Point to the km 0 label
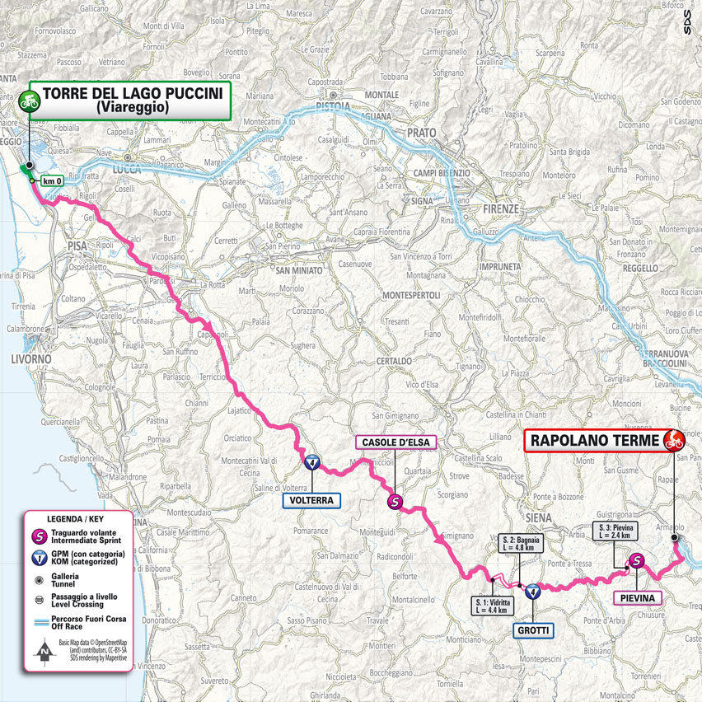tap(53, 181)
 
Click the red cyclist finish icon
tap(673, 441)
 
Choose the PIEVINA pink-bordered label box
tap(637, 597)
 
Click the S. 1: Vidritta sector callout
tap(493, 606)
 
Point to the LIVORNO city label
tap(30, 360)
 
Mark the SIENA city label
tap(537, 517)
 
